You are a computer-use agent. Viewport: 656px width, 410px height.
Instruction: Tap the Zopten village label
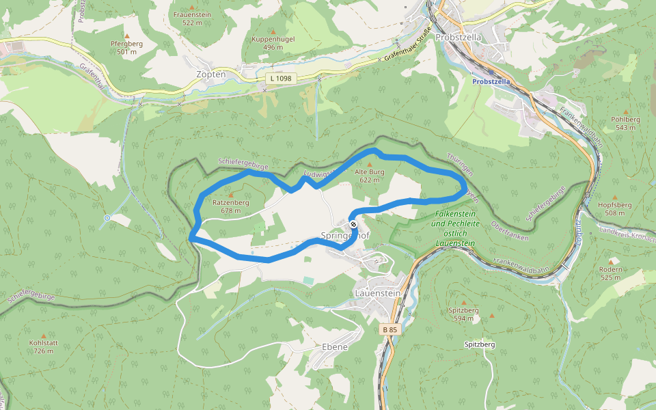tap(210, 74)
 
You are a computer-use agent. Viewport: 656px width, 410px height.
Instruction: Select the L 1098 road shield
tap(280, 79)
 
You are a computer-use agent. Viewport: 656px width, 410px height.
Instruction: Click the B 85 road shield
tap(389, 329)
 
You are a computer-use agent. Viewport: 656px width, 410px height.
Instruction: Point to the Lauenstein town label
tap(377, 292)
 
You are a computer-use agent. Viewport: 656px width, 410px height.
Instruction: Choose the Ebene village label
tap(334, 347)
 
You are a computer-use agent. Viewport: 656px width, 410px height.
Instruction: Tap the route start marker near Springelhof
tap(353, 224)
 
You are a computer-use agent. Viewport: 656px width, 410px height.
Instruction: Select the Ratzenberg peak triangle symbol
tap(230, 195)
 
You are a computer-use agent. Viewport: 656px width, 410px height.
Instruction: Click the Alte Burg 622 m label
tap(370, 176)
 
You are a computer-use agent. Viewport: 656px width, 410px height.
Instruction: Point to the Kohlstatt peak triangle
tap(44, 336)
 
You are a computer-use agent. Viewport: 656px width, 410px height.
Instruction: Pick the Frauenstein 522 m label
tap(192, 18)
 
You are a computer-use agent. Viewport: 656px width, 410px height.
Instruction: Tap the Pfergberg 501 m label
tap(126, 47)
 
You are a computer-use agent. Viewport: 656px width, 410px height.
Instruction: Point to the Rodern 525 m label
tap(610, 273)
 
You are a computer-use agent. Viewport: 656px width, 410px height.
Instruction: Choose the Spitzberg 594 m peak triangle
tap(464, 303)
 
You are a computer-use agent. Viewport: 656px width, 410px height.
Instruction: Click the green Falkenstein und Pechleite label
tap(455, 223)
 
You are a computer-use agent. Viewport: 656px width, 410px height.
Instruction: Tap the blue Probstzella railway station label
tap(491, 81)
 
